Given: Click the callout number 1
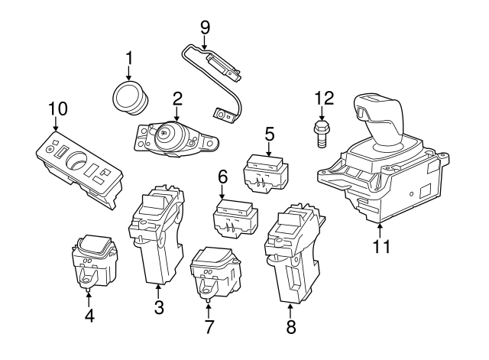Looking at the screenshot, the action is pyautogui.click(x=129, y=59).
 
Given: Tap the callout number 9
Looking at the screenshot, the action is pyautogui.click(x=205, y=28).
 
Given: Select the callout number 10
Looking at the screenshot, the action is pyautogui.click(x=58, y=109).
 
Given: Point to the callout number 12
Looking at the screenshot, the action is pyautogui.click(x=324, y=98).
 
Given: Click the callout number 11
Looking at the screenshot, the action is pyautogui.click(x=382, y=246).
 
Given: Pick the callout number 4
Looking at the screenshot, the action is pyautogui.click(x=89, y=316).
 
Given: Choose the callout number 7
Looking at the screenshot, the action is pyautogui.click(x=209, y=327).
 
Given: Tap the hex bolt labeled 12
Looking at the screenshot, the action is pyautogui.click(x=321, y=135).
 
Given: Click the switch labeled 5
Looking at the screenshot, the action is pyautogui.click(x=266, y=173).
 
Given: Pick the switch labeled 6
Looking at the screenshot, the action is pyautogui.click(x=235, y=216).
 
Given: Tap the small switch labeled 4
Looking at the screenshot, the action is pyautogui.click(x=94, y=261).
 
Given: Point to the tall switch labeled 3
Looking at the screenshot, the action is pyautogui.click(x=157, y=235).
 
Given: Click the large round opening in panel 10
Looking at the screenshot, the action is pyautogui.click(x=76, y=160).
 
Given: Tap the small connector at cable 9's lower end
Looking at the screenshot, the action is pyautogui.click(x=224, y=115).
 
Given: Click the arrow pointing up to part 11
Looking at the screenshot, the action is pyautogui.click(x=380, y=232).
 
